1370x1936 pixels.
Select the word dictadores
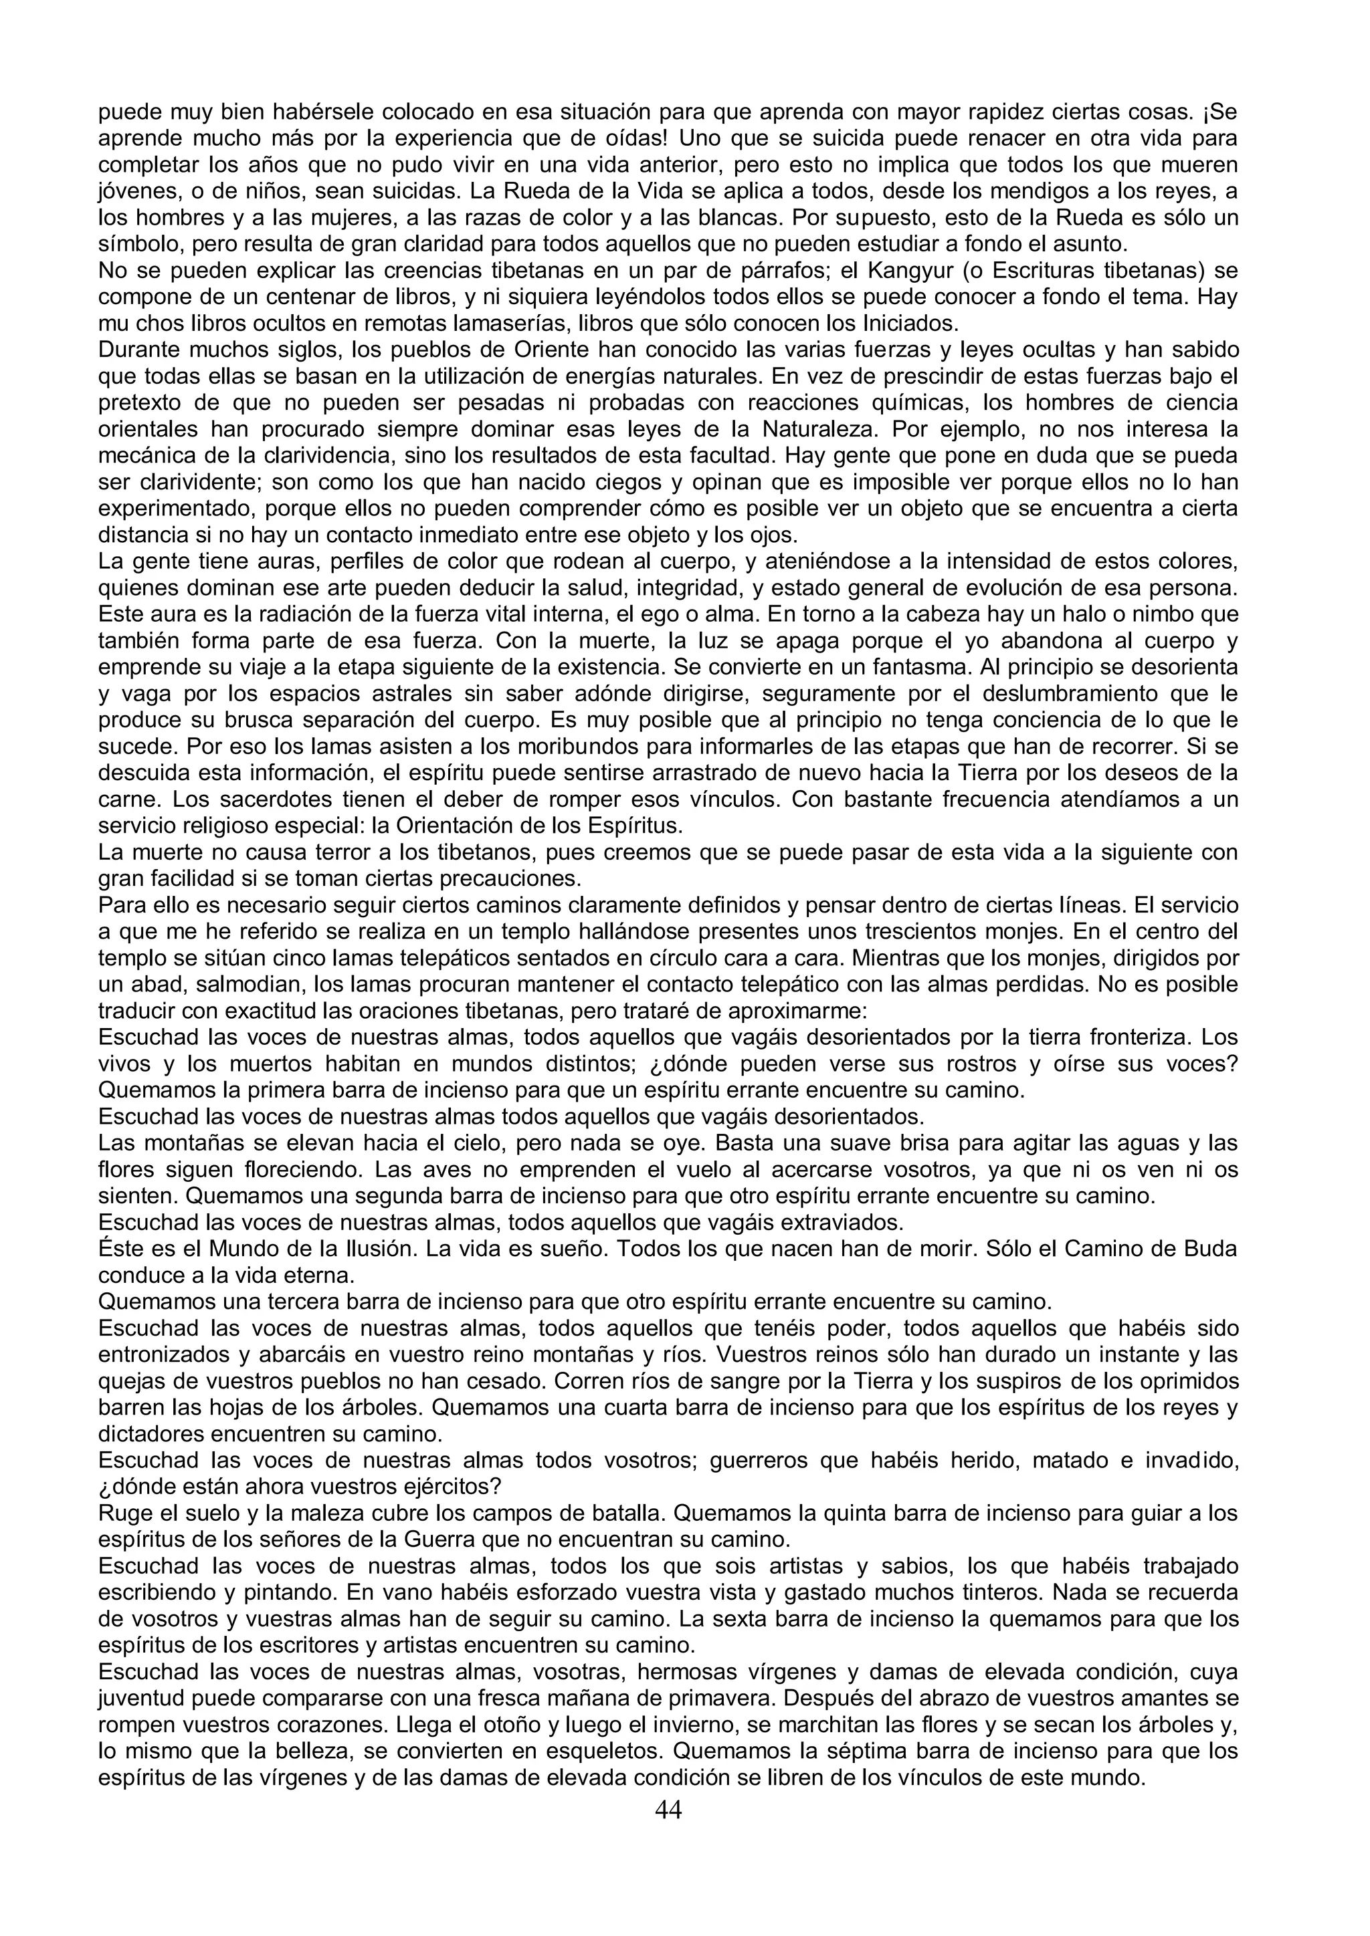(161, 1433)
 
